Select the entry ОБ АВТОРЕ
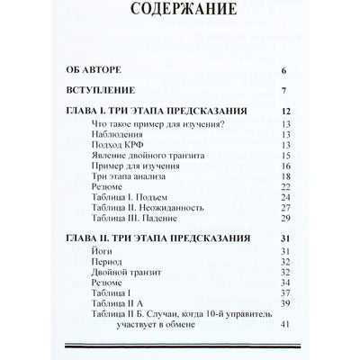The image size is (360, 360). [90, 68]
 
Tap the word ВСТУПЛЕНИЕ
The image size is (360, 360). [98, 91]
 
